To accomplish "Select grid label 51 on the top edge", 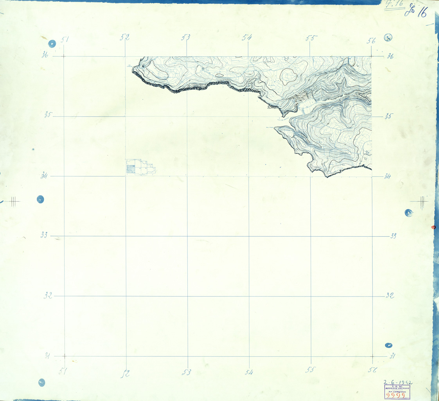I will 65,39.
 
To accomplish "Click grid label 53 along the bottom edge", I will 187,372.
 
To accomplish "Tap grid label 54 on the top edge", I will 247,38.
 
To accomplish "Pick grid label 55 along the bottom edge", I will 311,370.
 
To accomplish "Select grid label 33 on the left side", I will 45,235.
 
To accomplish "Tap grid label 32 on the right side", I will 390,295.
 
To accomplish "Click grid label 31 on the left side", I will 48,356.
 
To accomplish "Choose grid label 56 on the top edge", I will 371,40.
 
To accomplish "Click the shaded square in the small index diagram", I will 130,169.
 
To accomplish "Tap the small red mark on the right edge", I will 433,227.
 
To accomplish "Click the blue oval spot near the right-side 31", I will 389,345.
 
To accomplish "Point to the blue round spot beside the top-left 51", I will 52,43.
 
